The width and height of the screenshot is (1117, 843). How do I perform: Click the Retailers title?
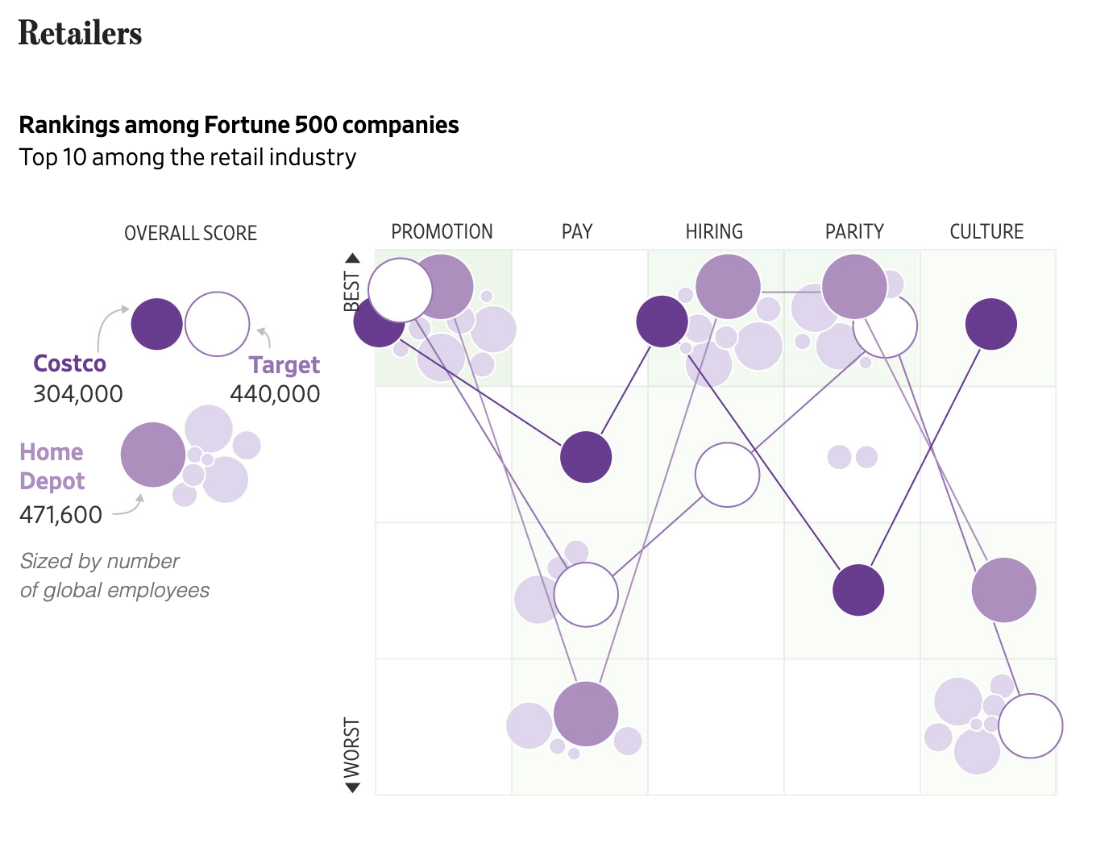(80, 33)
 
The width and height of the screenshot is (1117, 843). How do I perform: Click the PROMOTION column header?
(442, 232)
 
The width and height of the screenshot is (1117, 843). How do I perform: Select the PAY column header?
(577, 232)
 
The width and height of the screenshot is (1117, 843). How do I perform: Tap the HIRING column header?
(714, 232)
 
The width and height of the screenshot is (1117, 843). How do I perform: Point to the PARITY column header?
(854, 232)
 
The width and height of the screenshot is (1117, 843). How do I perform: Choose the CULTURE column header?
(986, 232)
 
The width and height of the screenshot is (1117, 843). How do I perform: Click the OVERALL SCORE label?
(190, 234)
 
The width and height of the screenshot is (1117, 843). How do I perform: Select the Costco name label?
(69, 363)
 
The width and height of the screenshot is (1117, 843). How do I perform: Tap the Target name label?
(284, 365)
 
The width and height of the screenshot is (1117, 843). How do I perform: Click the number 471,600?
(61, 514)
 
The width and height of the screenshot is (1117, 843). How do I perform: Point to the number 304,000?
(78, 394)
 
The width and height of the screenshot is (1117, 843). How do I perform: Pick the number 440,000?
(275, 394)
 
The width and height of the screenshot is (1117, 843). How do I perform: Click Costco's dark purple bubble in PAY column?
(586, 457)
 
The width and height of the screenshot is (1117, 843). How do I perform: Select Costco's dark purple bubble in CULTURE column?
(990, 324)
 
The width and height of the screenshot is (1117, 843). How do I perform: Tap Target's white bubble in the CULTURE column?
(1030, 726)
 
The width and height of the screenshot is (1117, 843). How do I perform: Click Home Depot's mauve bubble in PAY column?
(586, 714)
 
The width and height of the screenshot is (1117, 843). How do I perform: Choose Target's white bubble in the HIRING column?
(727, 475)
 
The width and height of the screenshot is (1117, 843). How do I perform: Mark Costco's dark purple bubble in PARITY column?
(858, 590)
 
